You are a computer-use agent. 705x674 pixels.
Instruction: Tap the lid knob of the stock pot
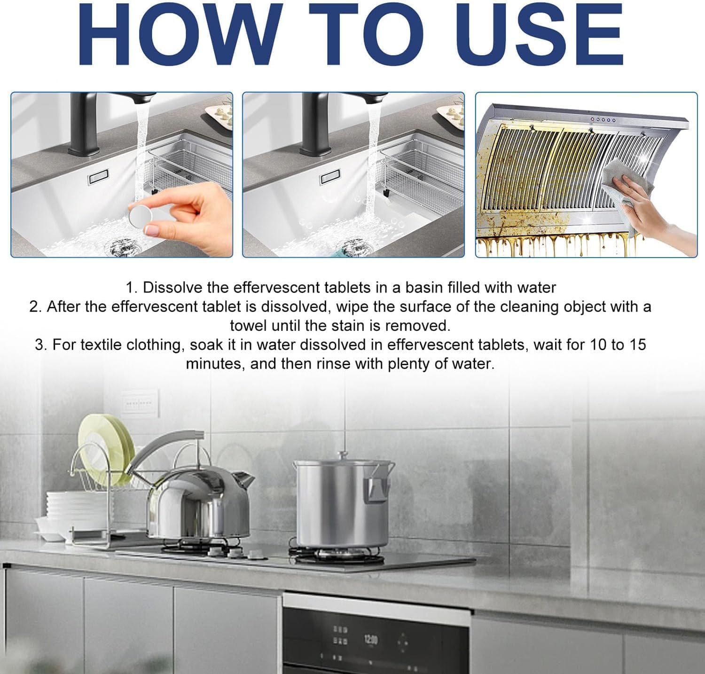(x=342, y=455)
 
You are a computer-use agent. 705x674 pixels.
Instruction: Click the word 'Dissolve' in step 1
(x=172, y=287)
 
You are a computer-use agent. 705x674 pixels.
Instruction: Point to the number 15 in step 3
(x=638, y=345)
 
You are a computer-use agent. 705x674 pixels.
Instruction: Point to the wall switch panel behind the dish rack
(x=138, y=404)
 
